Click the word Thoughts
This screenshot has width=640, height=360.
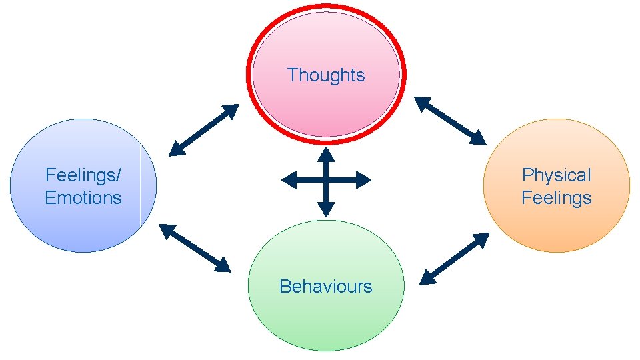pos(326,75)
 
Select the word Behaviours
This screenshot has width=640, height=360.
pos(325,287)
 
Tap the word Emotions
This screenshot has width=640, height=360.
pos(83,198)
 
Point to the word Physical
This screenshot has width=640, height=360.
pos(556,175)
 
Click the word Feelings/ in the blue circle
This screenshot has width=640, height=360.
pos(83,175)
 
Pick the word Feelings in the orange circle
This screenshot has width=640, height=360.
pos(556,198)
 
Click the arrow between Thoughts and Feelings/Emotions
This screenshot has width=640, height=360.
pos(203,130)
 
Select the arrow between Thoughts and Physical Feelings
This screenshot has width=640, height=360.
pos(450,121)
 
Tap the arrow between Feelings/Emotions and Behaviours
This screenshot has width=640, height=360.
pos(195,248)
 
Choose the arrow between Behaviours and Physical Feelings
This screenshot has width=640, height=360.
pos(454,259)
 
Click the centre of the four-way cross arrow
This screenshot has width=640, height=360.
pos(325,180)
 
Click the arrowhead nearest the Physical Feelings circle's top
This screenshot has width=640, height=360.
pos(478,138)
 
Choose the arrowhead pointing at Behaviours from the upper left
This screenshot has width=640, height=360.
pos(221,265)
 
